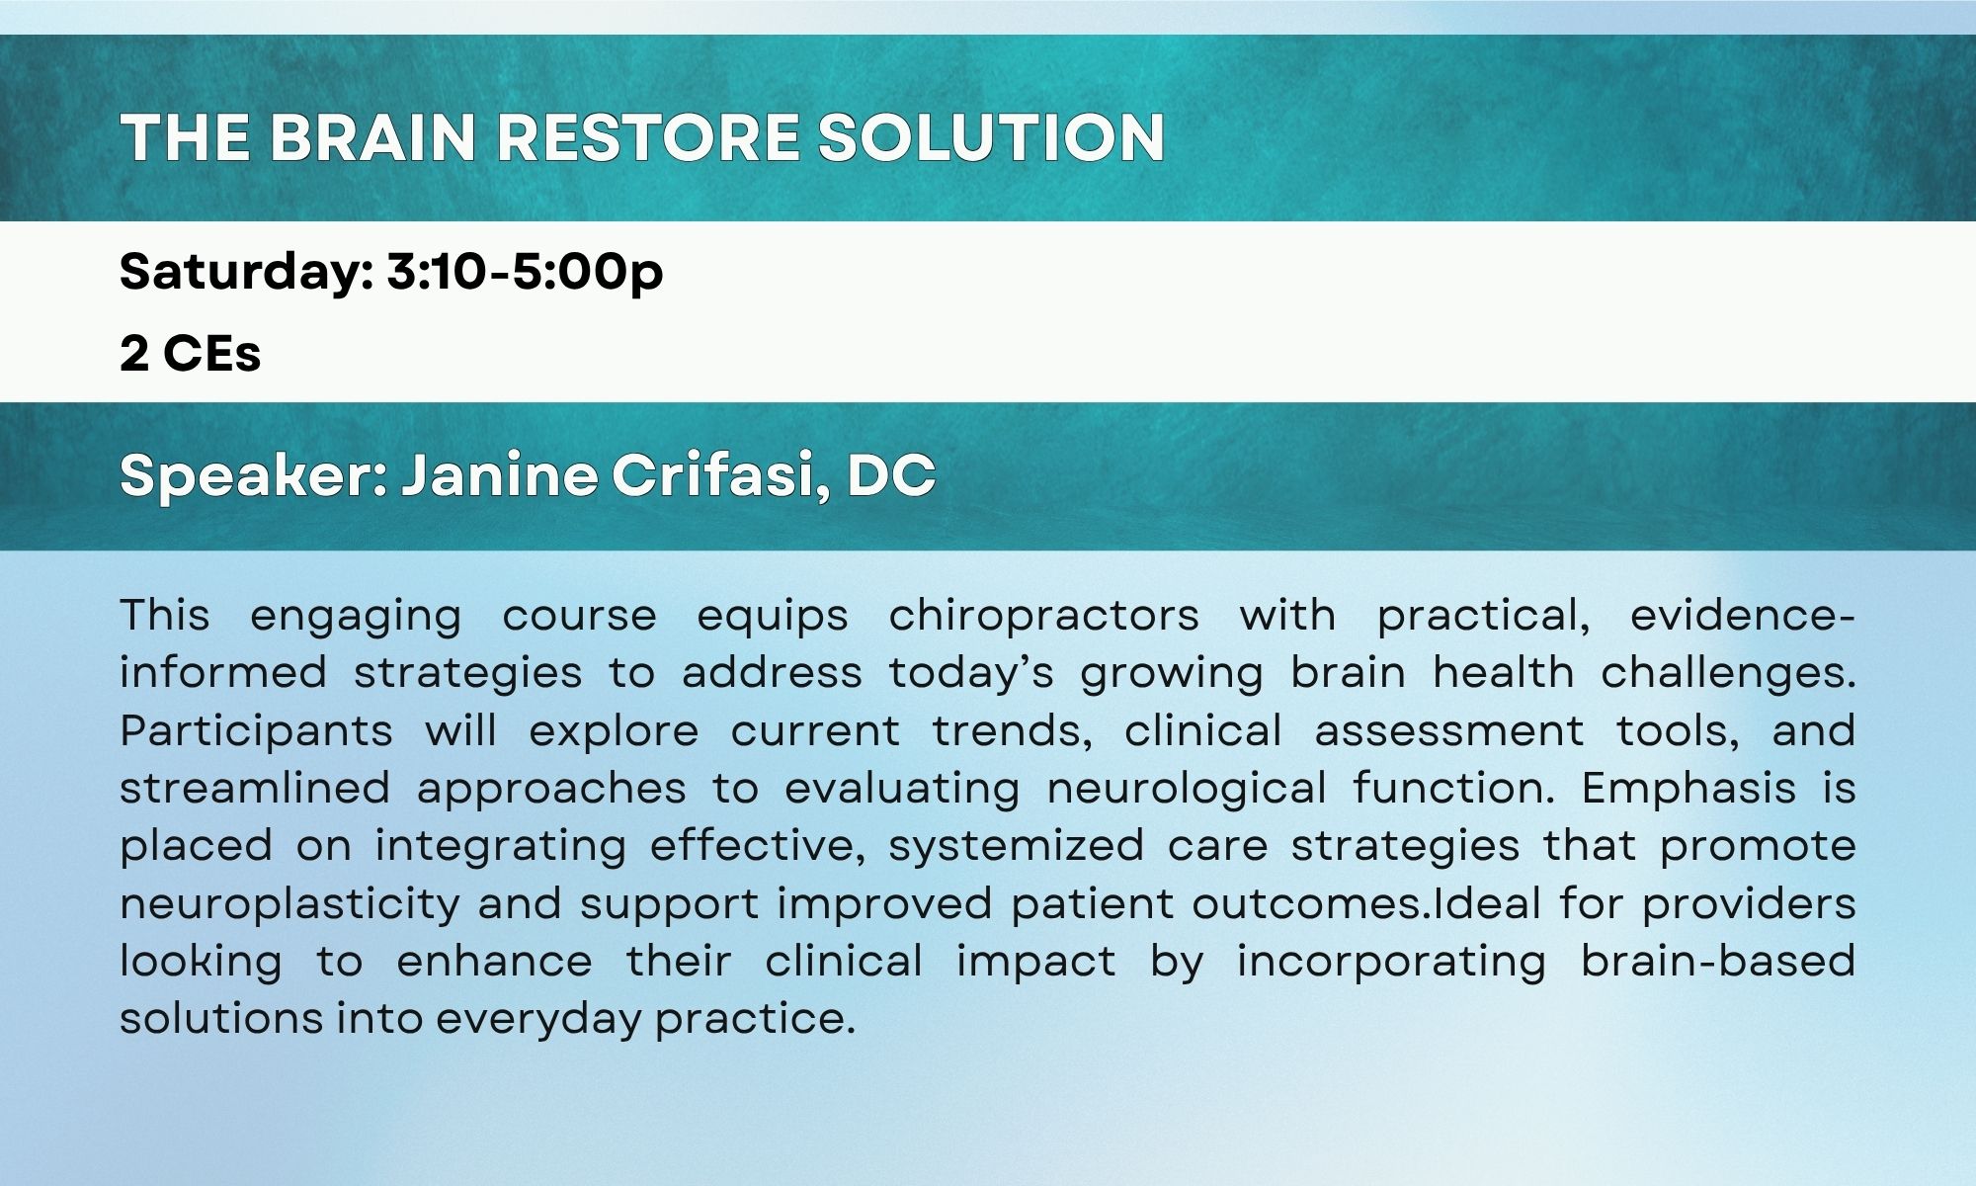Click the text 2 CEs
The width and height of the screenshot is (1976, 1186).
point(190,354)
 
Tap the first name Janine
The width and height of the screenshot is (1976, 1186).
point(499,474)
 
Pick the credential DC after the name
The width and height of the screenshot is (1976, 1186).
point(891,475)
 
